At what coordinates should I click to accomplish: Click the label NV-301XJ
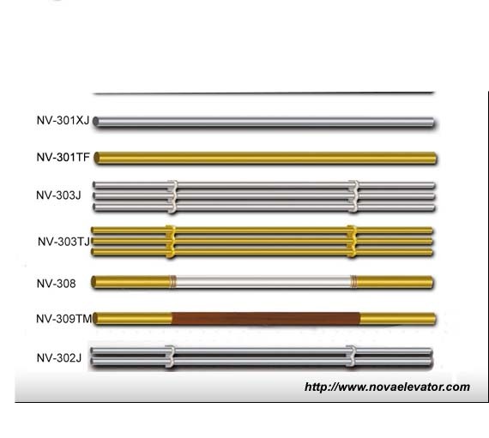coord(62,122)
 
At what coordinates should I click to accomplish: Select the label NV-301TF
coord(63,158)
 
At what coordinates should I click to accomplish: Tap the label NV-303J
coord(58,195)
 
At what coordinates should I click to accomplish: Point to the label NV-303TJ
coord(63,242)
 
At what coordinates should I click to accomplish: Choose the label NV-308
coord(56,282)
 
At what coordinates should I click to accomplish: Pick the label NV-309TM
coord(64,319)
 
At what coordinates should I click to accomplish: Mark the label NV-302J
coord(58,357)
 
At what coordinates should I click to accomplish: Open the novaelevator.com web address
coord(387,387)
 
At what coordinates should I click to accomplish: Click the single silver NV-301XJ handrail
coord(266,123)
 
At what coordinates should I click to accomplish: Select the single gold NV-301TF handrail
coord(266,158)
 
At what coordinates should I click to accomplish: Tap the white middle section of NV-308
coord(262,281)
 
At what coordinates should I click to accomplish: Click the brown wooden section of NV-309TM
coord(266,319)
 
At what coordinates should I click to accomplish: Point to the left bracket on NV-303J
coord(172,196)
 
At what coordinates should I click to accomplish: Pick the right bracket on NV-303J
coord(351,196)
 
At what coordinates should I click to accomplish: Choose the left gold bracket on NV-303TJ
coord(170,241)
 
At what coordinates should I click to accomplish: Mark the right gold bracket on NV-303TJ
coord(350,241)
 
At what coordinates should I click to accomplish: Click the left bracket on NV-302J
coord(170,357)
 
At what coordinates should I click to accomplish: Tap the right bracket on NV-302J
coord(351,357)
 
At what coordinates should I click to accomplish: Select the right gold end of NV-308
coord(395,281)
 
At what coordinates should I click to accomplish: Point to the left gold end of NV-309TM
coord(133,319)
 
